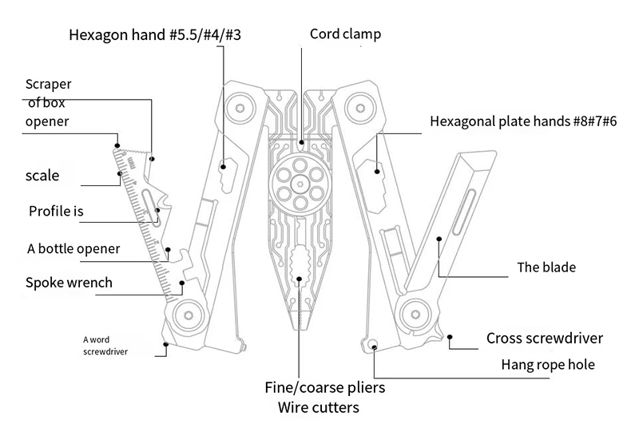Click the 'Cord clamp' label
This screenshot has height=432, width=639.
point(346,34)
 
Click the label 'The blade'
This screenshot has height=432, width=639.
point(546,268)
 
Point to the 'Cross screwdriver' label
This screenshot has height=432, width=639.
point(544,338)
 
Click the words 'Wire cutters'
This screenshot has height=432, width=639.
point(318,407)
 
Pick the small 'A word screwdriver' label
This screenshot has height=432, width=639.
point(106,344)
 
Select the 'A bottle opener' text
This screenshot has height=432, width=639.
point(73,248)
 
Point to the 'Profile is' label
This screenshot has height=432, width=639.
point(56,212)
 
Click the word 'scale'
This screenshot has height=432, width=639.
point(42,174)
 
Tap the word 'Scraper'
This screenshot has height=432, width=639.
point(50,85)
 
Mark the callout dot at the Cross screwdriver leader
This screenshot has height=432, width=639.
point(451,338)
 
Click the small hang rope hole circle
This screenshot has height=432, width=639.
point(373,344)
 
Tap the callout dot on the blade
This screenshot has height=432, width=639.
point(439,237)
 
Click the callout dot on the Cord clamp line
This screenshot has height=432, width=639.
point(301,144)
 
